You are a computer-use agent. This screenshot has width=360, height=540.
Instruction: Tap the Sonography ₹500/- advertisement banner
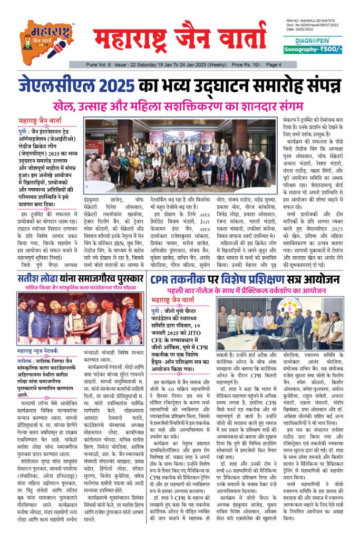coord(313,50)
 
